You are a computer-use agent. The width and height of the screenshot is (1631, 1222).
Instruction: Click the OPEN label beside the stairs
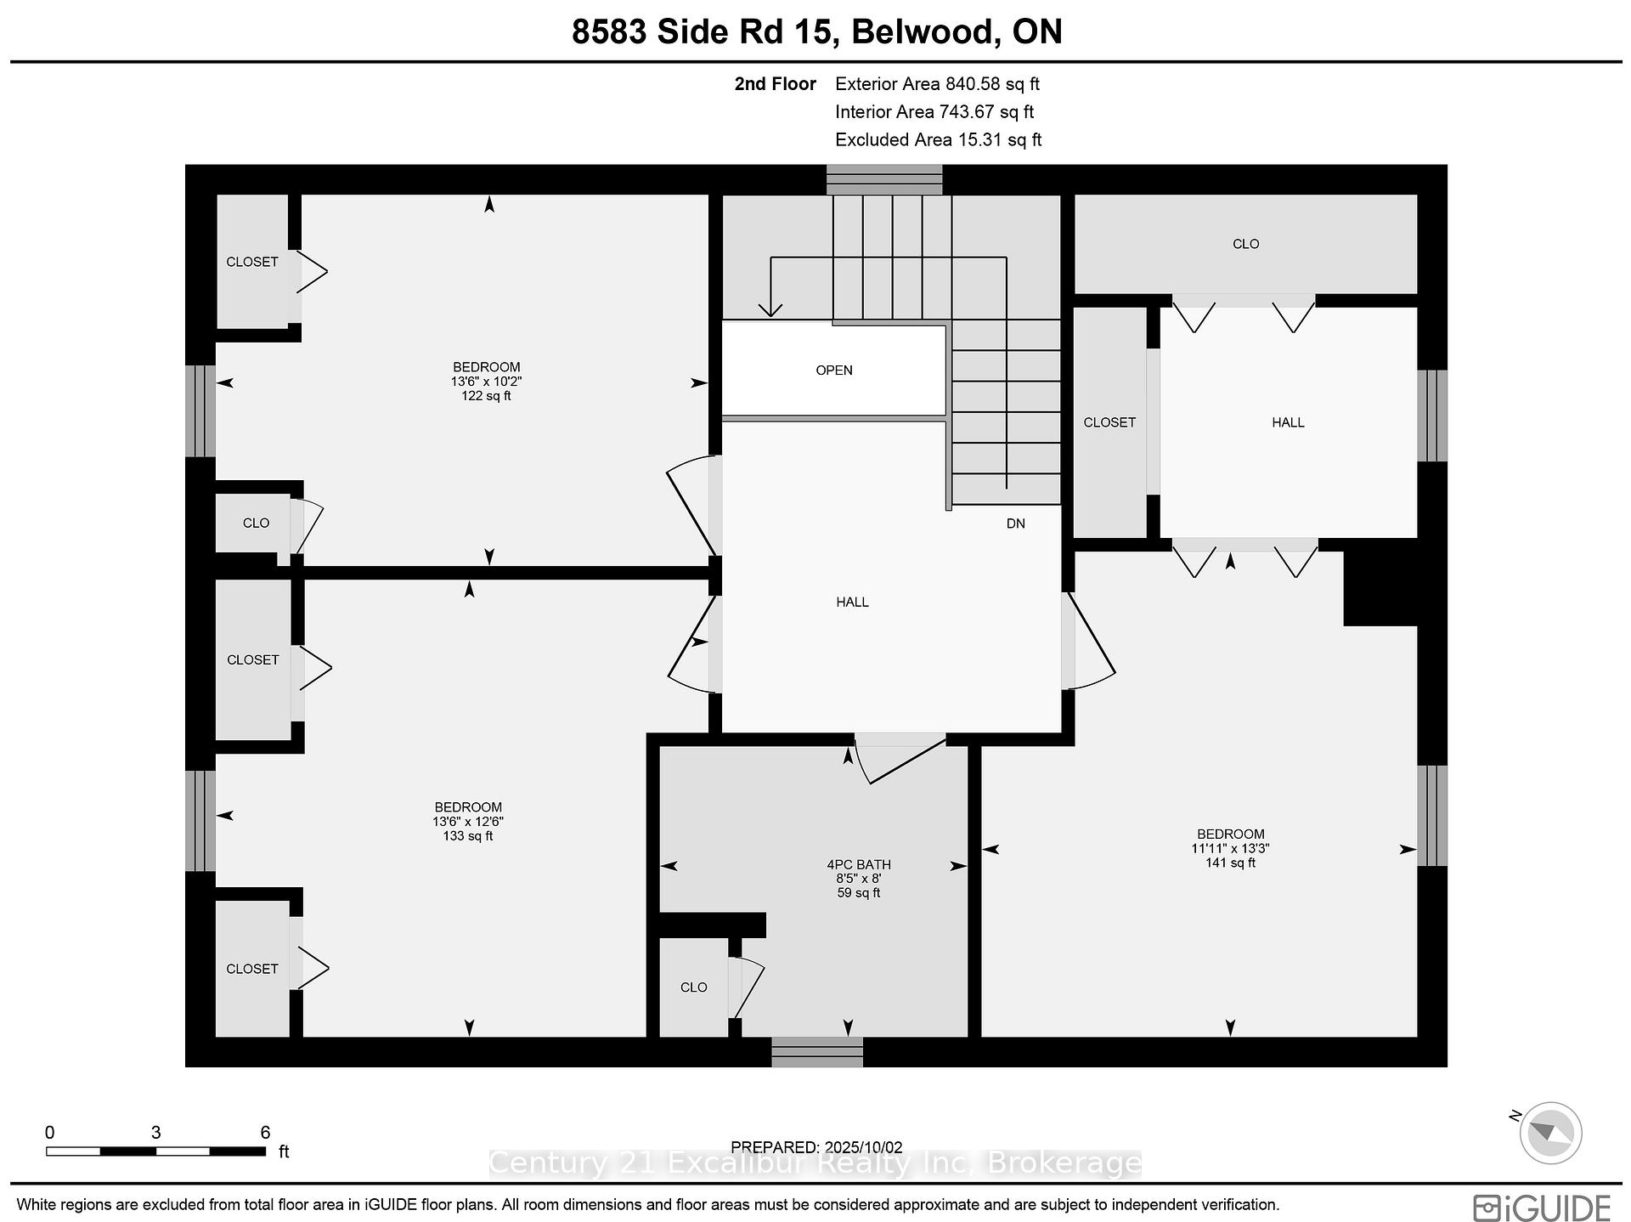(x=833, y=371)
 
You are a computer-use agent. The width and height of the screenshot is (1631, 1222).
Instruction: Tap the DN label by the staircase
(x=1015, y=523)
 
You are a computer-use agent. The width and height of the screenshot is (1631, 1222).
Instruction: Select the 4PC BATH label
(x=858, y=865)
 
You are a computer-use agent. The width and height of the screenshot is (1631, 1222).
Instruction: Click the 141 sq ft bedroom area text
(x=1230, y=863)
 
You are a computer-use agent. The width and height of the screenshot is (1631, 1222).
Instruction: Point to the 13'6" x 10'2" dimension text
(x=486, y=382)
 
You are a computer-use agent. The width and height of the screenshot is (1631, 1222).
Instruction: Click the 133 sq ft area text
(x=468, y=836)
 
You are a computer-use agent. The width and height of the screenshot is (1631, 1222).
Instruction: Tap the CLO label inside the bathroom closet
(x=693, y=987)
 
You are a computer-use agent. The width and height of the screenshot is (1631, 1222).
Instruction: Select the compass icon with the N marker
(x=1549, y=1133)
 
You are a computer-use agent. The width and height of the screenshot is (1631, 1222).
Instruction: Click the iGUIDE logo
(x=1542, y=1208)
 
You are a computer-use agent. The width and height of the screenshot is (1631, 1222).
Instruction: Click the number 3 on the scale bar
(x=156, y=1132)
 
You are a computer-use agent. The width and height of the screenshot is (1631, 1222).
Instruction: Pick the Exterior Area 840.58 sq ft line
(x=937, y=84)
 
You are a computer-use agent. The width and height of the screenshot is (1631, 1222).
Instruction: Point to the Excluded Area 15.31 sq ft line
(x=938, y=140)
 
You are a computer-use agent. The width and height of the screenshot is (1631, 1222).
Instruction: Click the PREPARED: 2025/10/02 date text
(x=816, y=1147)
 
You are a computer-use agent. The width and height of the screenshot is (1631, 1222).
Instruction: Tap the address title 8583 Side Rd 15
(x=706, y=32)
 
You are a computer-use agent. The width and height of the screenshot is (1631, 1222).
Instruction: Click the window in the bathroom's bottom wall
(x=817, y=1052)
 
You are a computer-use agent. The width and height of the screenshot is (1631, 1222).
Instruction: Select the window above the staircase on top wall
(x=884, y=180)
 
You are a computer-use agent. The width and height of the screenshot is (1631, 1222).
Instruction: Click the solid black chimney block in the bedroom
(x=1380, y=588)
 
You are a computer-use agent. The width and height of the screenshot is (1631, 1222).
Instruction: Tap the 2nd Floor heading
(x=775, y=84)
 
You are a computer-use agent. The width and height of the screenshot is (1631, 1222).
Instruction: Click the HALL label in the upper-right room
(x=1288, y=422)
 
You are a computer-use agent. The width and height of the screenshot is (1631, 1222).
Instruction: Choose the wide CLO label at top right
(x=1245, y=244)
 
